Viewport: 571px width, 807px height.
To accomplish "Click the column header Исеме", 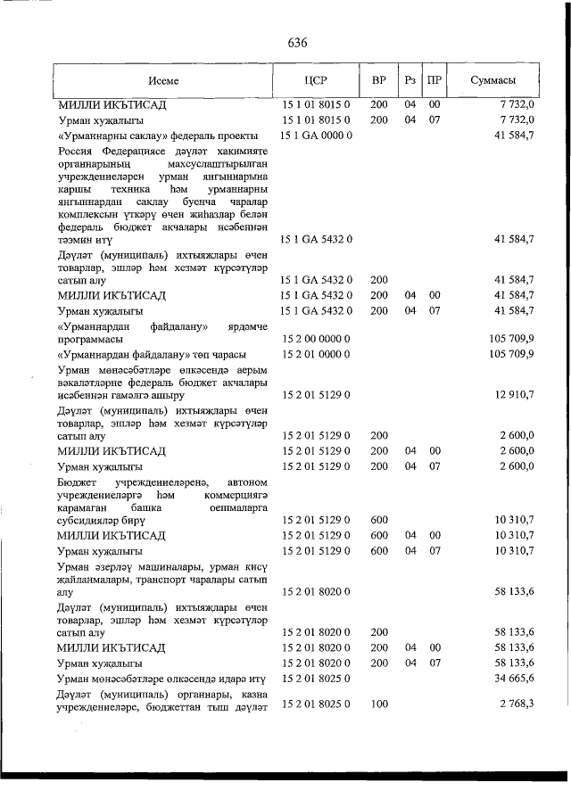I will pos(163,80).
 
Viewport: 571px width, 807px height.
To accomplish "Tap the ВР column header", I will pos(378,80).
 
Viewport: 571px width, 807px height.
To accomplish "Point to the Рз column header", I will pos(410,80).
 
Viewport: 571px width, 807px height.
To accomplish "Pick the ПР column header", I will pos(434,80).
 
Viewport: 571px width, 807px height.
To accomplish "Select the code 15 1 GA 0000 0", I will pos(318,136).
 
